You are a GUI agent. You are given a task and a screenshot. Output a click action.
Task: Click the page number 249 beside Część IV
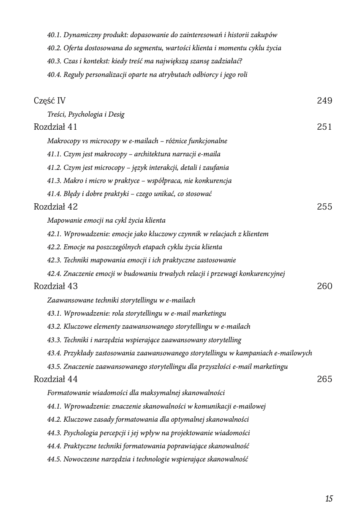coord(324,101)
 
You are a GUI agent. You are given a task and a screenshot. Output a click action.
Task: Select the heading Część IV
coord(49,101)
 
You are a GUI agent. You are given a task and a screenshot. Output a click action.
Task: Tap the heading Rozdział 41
coord(55,127)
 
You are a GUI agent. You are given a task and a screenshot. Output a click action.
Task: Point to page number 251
coord(324,127)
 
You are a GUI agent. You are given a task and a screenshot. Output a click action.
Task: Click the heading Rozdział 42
coord(55,207)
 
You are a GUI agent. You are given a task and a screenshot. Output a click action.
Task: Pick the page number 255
coord(324,207)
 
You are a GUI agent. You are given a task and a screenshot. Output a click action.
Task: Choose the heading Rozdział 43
coord(55,286)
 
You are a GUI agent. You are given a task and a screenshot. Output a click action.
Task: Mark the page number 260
coord(324,286)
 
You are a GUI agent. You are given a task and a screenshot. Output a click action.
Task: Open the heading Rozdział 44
coord(55,379)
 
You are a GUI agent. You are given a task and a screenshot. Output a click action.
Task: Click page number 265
coord(324,379)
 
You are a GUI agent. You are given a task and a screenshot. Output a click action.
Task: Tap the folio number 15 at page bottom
coord(329,499)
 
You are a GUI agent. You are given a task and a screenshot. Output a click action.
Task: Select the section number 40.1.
coord(54,35)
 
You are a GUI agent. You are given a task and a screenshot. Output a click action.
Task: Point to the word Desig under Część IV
coord(116,115)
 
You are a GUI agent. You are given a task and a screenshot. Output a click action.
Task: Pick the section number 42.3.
coord(54,260)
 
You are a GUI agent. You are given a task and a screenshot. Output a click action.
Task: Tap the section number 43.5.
coord(54,366)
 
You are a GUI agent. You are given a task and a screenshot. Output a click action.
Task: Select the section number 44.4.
coord(54,446)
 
